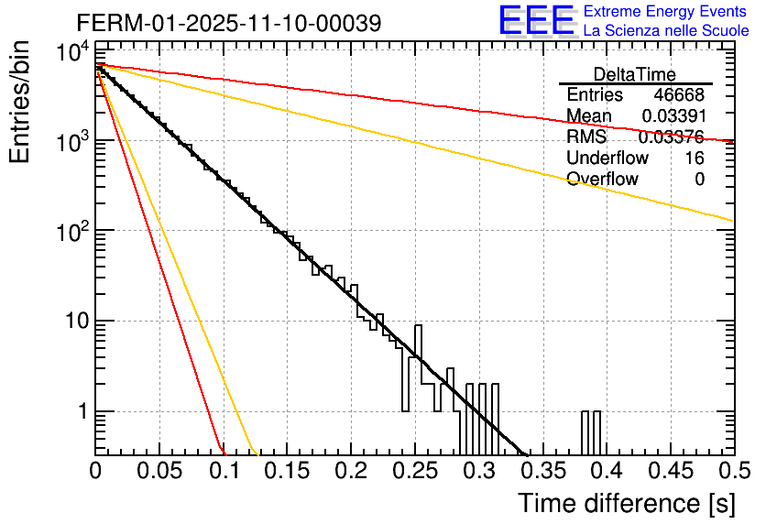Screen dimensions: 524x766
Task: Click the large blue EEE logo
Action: (x=536, y=20)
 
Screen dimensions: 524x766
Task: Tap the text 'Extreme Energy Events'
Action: (x=665, y=12)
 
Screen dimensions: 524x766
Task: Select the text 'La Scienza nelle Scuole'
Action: (x=665, y=31)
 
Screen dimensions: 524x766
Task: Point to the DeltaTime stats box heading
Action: (x=635, y=74)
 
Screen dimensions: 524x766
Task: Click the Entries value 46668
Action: (x=679, y=95)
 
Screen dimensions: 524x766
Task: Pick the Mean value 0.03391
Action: (x=673, y=116)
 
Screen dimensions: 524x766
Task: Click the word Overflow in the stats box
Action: (x=602, y=180)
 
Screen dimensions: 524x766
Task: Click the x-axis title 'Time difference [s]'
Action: (x=626, y=503)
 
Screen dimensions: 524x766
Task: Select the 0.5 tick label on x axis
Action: (x=731, y=473)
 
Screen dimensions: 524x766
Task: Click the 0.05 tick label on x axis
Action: (x=159, y=473)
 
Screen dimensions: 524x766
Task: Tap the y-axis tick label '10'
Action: (x=73, y=322)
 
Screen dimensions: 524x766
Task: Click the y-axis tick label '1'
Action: (x=82, y=412)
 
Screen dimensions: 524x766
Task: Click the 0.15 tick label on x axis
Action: (x=287, y=473)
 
